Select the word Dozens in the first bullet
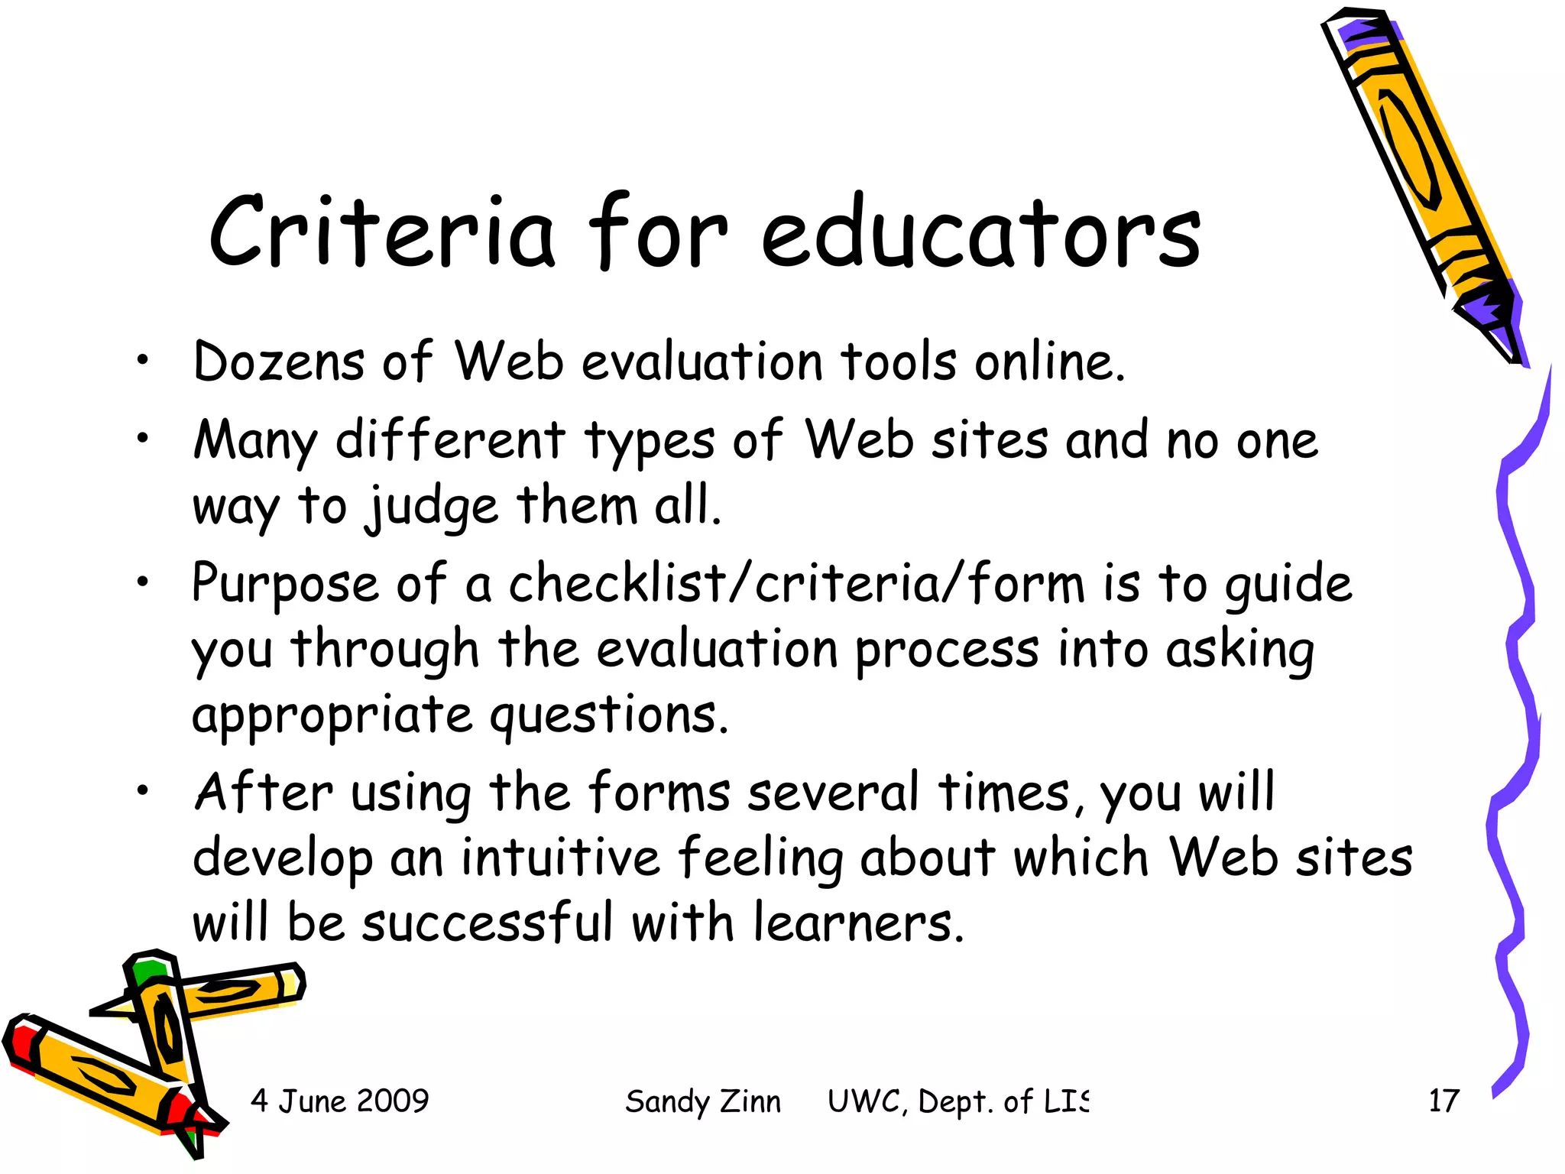coord(279,362)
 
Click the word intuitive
coord(560,858)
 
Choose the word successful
coord(488,923)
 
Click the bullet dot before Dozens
coord(142,362)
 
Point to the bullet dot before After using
coord(142,792)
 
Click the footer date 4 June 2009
coord(340,1101)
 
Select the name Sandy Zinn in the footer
coord(703,1101)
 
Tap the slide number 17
coord(1443,1101)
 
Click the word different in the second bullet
coord(450,441)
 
